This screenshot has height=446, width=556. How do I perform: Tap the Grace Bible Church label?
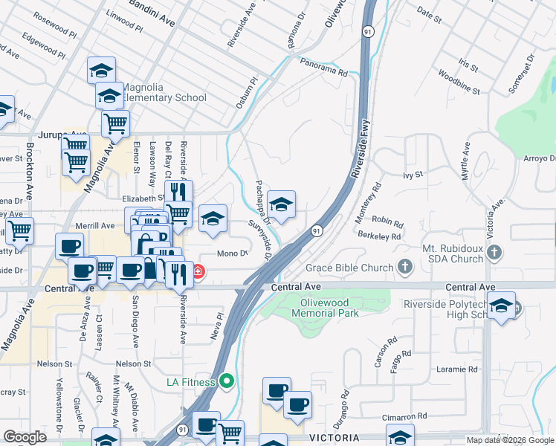[x=349, y=268]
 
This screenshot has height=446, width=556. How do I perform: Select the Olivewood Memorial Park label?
[x=330, y=308]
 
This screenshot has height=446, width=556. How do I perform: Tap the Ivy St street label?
[x=413, y=175]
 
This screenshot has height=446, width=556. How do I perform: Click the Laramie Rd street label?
[x=457, y=369]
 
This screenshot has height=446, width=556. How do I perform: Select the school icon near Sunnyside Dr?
[x=282, y=204]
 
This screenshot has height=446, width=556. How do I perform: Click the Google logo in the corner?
[x=25, y=438]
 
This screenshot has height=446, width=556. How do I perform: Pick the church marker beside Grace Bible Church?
[x=405, y=265]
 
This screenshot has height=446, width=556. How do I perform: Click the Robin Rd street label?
[x=387, y=222]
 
